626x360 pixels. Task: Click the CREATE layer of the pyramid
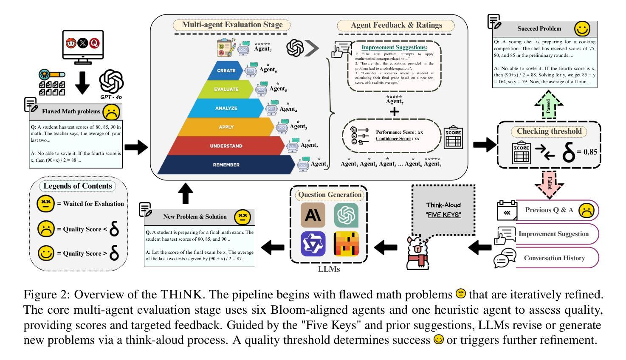click(x=226, y=70)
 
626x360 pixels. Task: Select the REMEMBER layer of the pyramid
click(x=226, y=165)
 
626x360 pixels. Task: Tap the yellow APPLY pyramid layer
click(x=226, y=127)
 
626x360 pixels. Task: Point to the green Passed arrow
click(x=548, y=105)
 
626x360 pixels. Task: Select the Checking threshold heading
click(x=549, y=131)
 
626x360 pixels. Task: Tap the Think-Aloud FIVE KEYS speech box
click(x=443, y=210)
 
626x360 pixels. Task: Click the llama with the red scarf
click(x=419, y=253)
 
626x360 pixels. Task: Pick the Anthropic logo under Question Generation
click(x=313, y=215)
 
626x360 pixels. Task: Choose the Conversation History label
click(x=554, y=258)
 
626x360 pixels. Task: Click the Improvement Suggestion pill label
click(x=553, y=234)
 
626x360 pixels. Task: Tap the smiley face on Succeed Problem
click(x=582, y=29)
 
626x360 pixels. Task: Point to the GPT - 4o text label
click(x=111, y=97)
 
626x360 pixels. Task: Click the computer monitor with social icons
click(x=83, y=46)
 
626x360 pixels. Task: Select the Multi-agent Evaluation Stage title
click(x=232, y=25)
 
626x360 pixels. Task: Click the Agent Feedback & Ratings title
click(x=396, y=25)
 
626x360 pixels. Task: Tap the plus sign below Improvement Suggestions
click(x=395, y=112)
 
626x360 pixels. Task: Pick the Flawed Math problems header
click(x=71, y=112)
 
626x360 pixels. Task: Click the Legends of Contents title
click(x=78, y=186)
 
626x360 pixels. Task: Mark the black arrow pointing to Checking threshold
click(x=484, y=145)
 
